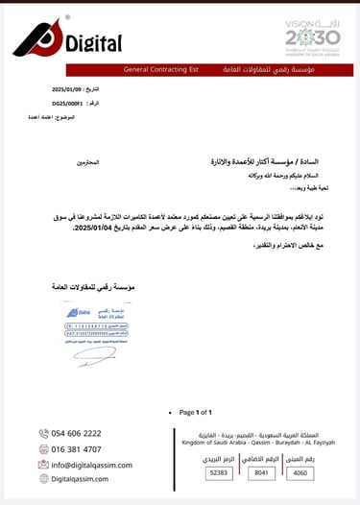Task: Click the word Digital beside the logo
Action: click(x=94, y=43)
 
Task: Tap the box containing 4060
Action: click(x=301, y=473)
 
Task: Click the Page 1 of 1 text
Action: click(x=197, y=412)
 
